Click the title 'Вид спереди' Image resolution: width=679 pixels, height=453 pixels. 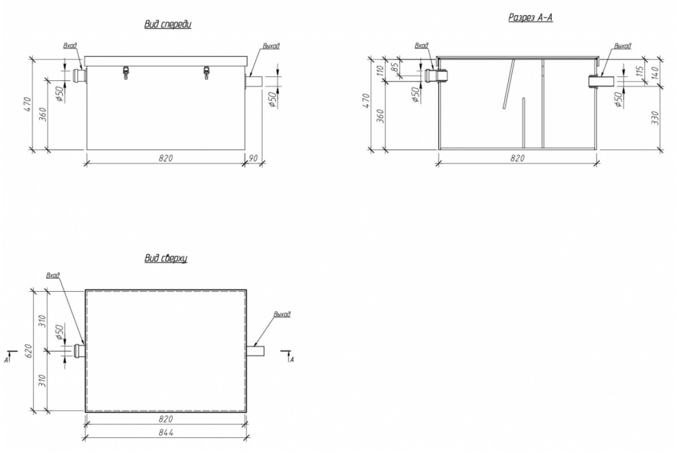(167, 24)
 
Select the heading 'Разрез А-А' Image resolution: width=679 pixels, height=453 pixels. (531, 18)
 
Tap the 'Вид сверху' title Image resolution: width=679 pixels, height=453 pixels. (166, 258)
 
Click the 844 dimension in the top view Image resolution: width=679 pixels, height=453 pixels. (166, 433)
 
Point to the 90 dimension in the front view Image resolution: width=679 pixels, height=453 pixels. (253, 158)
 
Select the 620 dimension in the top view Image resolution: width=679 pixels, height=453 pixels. (28, 351)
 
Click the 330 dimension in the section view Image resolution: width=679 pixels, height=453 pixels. (655, 118)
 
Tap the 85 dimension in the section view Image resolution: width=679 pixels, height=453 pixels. (396, 67)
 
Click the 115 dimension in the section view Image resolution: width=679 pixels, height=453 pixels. (640, 71)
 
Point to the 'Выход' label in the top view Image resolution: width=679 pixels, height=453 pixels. (282, 314)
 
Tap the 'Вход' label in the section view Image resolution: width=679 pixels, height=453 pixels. (422, 45)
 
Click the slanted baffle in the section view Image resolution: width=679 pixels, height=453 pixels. (509, 84)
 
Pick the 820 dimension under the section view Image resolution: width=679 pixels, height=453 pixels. (517, 158)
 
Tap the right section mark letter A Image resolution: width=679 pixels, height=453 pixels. (291, 360)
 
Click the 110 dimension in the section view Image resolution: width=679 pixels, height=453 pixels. (381, 70)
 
